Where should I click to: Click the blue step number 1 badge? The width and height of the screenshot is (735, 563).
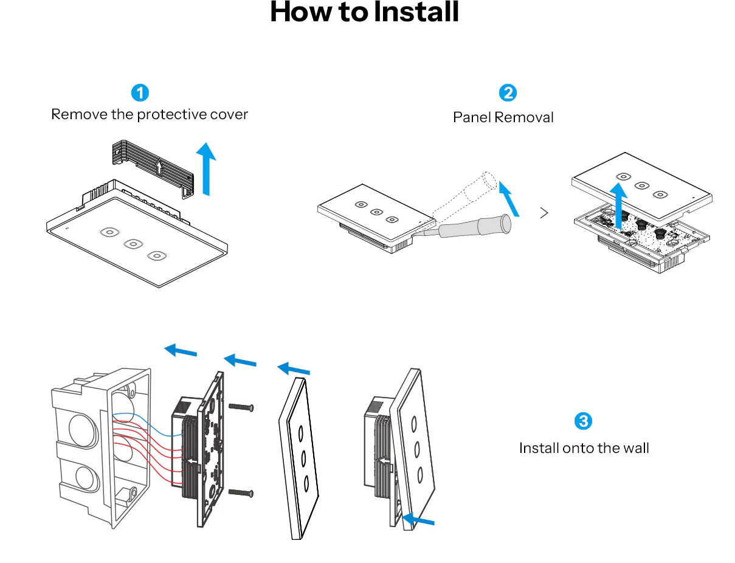coord(140,93)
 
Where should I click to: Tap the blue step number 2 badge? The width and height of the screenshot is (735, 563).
coord(507,93)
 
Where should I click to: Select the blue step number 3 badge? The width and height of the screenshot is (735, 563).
coord(582,421)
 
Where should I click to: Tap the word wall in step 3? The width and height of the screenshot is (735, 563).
coord(636,448)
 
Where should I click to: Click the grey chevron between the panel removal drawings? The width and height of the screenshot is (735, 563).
coord(544,213)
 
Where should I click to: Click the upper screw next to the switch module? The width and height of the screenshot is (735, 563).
coord(241,407)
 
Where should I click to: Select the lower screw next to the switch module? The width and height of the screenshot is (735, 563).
coord(241,492)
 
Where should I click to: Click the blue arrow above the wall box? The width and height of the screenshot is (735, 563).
coord(181,350)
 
